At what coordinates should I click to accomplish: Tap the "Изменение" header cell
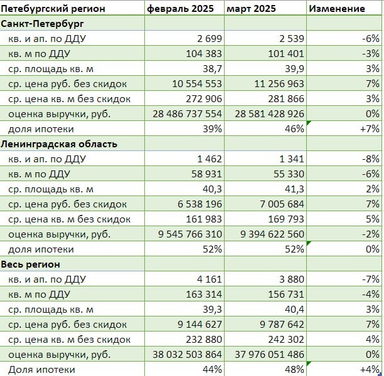[x=337, y=9]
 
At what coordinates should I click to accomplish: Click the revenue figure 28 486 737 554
[x=188, y=114]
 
